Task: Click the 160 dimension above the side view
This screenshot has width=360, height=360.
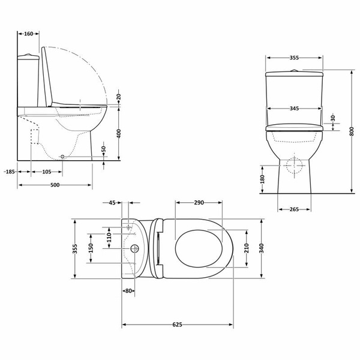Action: (28, 34)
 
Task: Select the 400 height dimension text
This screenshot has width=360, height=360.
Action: (119, 134)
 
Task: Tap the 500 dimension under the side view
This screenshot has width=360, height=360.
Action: (55, 185)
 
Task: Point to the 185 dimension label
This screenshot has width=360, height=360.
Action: (10, 172)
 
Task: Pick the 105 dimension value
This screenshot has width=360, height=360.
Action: (47, 172)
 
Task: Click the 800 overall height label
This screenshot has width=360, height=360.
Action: (352, 131)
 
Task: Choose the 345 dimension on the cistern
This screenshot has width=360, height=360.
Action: (294, 109)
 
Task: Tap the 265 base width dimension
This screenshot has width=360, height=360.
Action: (294, 209)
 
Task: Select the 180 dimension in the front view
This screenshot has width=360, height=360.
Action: (262, 179)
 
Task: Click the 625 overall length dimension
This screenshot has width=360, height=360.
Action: (177, 325)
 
